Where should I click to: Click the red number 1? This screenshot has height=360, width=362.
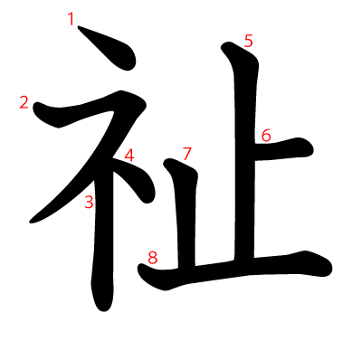tap(71, 20)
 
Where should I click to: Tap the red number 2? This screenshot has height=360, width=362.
tap(24, 102)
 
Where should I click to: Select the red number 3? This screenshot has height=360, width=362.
tap(89, 202)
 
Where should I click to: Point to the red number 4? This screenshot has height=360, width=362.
tap(129, 156)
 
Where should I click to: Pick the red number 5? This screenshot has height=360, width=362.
tap(249, 41)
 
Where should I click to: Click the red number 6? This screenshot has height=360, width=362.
tap(266, 136)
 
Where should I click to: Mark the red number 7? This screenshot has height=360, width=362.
tap(187, 154)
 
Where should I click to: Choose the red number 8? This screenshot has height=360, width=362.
tap(153, 258)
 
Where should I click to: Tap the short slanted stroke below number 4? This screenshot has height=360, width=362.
tap(136, 178)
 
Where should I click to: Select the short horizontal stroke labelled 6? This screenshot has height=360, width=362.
tap(283, 150)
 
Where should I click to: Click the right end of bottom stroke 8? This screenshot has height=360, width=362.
tap(331, 268)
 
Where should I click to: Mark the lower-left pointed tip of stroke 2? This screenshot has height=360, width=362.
tap(30, 223)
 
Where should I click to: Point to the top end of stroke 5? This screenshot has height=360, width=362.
tap(226, 44)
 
